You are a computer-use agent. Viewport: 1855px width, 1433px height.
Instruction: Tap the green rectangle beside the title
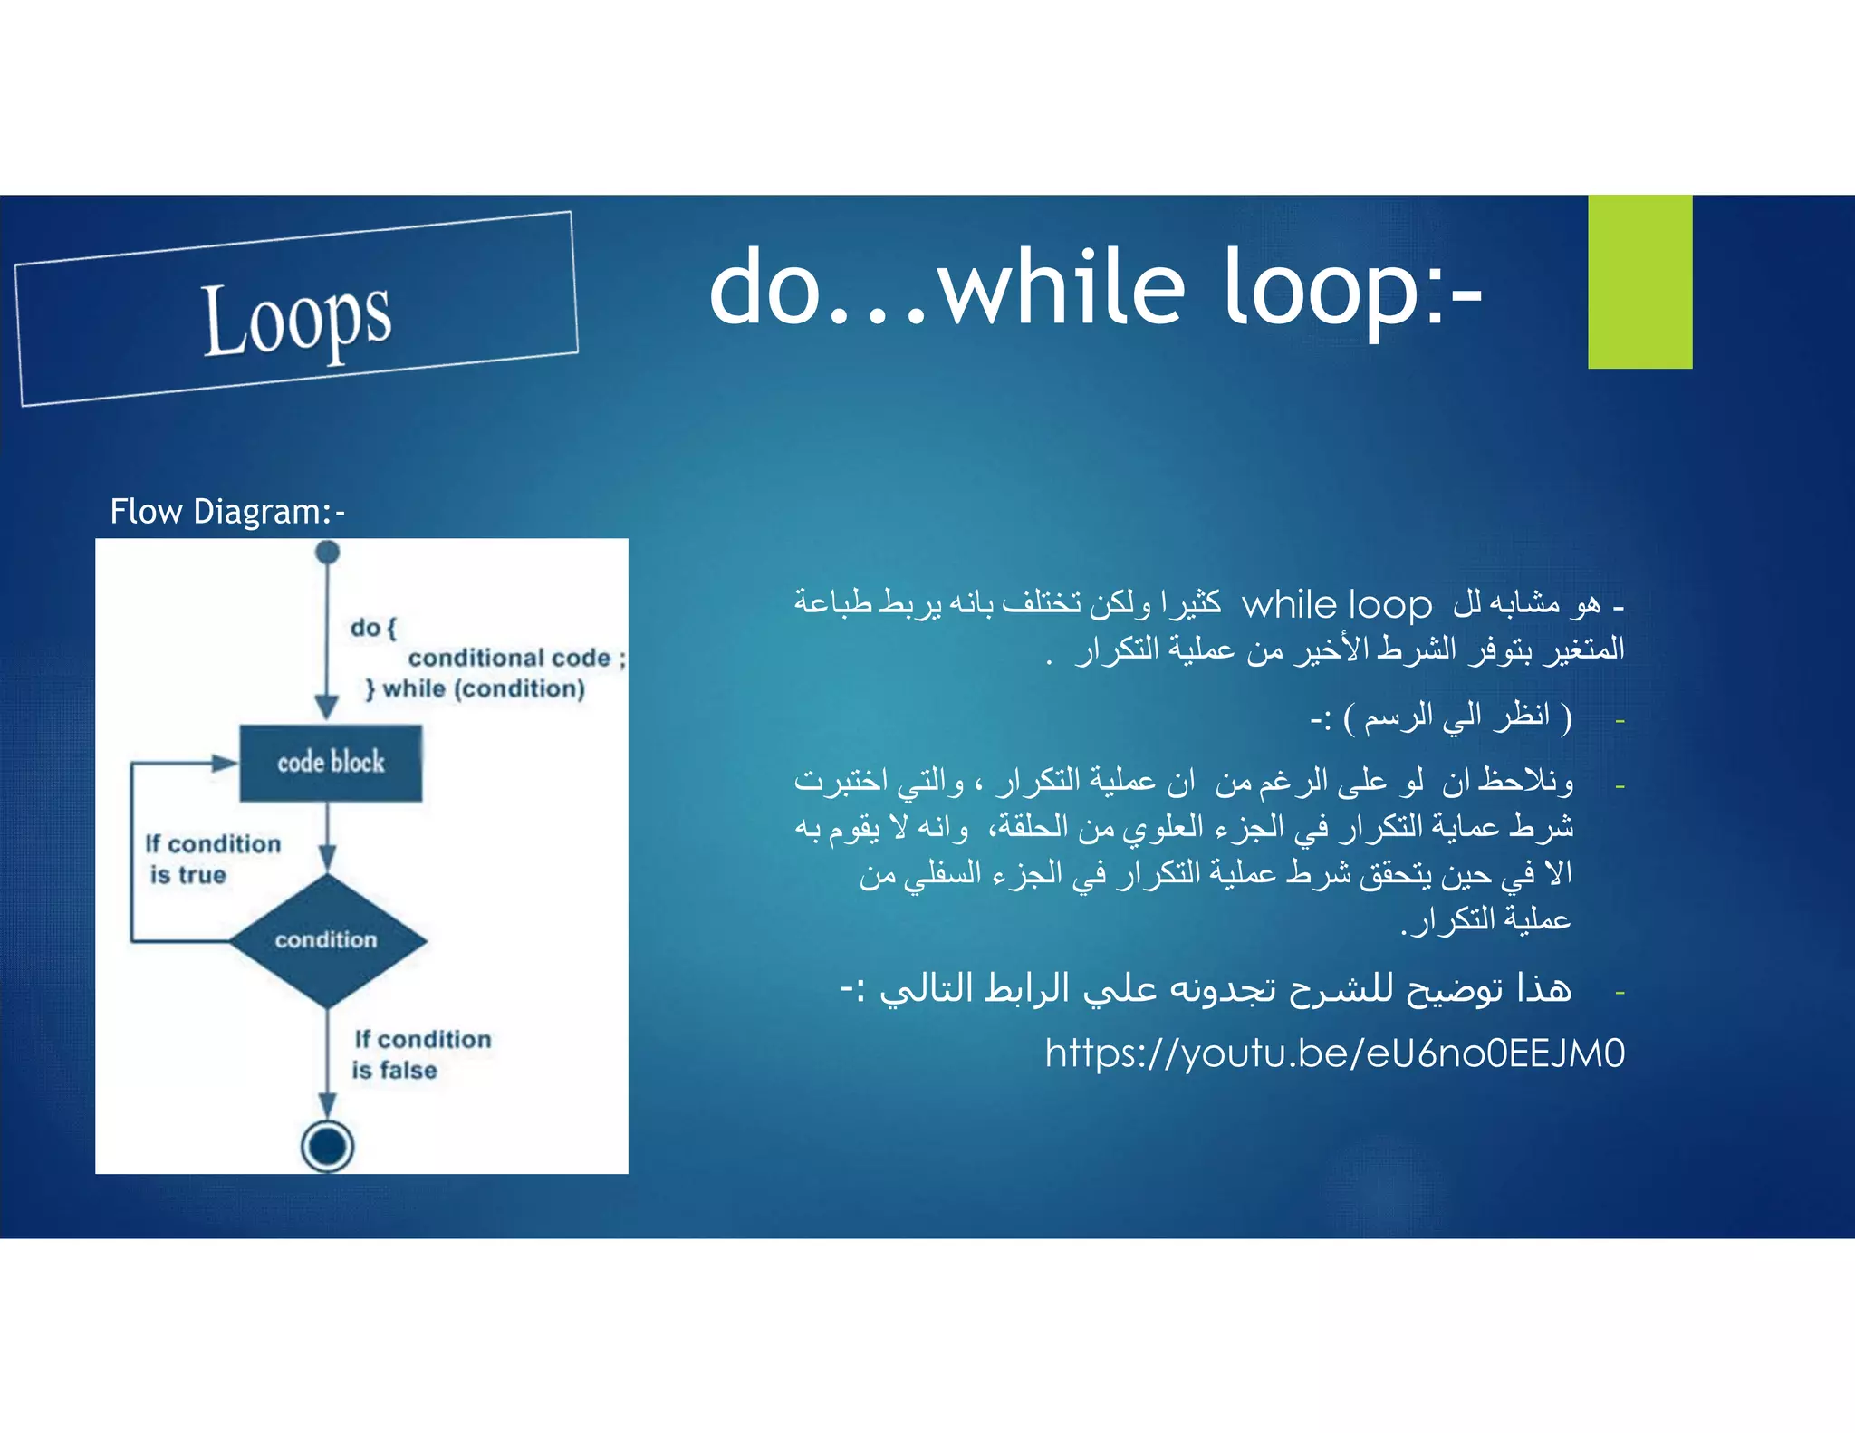tap(1639, 282)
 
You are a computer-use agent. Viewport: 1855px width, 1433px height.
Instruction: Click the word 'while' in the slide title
tap(1061, 288)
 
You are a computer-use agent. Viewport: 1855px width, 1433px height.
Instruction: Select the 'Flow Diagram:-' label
tap(227, 512)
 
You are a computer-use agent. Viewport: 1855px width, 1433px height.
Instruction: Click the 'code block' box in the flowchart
tap(331, 763)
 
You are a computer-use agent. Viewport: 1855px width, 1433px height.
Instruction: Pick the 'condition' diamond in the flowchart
tap(327, 940)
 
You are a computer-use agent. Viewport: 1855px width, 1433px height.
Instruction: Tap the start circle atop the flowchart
tap(328, 552)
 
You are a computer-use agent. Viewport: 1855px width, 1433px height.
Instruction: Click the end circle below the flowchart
tap(327, 1147)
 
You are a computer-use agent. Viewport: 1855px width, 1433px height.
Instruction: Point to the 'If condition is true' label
tap(213, 859)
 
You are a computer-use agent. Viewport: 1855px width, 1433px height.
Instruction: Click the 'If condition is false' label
tap(421, 1054)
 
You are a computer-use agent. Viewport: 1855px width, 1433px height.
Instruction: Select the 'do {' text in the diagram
tap(373, 628)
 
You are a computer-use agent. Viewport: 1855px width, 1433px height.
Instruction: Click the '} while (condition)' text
tap(476, 689)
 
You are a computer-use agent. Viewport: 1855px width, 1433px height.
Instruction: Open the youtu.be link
tap(1334, 1053)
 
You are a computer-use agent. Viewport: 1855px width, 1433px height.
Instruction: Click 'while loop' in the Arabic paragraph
tap(1336, 605)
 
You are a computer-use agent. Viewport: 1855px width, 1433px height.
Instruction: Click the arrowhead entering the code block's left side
tap(226, 763)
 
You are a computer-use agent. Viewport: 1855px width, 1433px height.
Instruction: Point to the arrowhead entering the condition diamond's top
tap(328, 858)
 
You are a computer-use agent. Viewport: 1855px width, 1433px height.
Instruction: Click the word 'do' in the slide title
tap(765, 288)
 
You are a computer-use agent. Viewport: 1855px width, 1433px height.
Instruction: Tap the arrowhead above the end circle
tap(328, 1105)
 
